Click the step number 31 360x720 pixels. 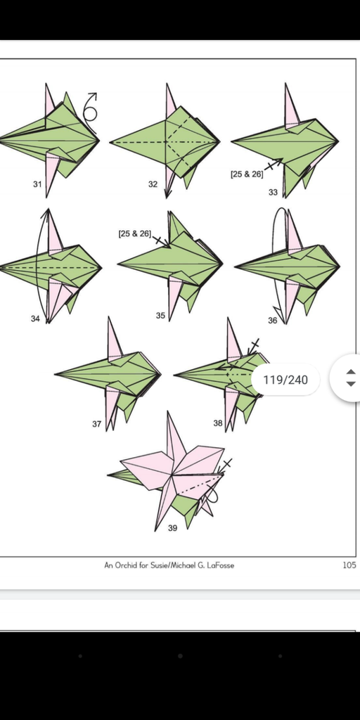37,184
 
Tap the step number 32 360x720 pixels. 153,184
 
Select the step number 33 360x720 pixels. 274,193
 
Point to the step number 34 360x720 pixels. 35,319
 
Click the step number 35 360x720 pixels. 160,316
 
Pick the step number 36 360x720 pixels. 273,321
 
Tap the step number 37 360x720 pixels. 96,424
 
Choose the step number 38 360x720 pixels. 218,423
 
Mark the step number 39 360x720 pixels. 172,528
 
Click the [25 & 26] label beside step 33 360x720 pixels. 247,174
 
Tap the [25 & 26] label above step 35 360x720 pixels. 134,233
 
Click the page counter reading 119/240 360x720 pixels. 285,380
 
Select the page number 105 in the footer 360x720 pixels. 349,565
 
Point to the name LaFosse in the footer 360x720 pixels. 220,565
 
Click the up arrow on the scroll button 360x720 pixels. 350,372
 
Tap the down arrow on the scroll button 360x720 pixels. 350,384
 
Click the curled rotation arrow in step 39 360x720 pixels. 212,494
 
